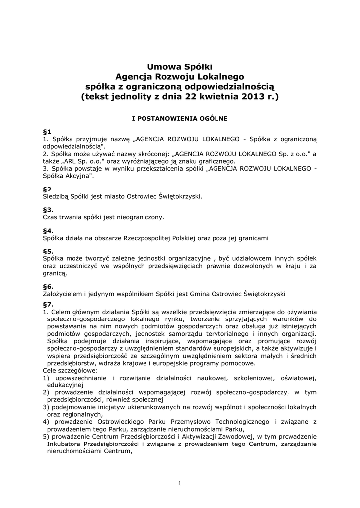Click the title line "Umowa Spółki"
pyautogui.click(x=180, y=66)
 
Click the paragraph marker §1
pyautogui.click(x=48, y=132)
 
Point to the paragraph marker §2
pyautogui.click(x=48, y=189)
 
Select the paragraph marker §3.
pyautogui.click(x=49, y=210)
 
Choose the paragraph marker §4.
pyautogui.click(x=49, y=231)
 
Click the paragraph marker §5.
pyautogui.click(x=49, y=251)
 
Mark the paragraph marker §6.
pyautogui.click(x=49, y=286)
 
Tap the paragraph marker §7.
pyautogui.click(x=49, y=304)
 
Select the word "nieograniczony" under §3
pyautogui.click(x=140, y=217)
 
